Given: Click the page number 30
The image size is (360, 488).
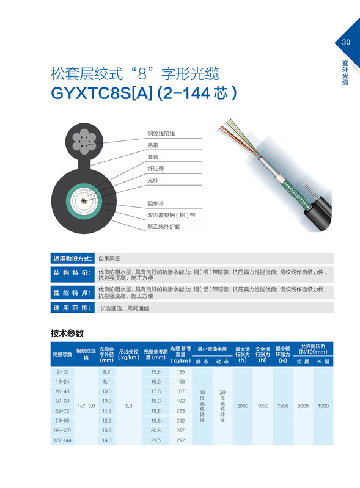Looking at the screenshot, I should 346,42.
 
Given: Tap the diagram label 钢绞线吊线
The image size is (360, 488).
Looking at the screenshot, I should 161,133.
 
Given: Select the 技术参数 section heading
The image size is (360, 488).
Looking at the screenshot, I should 67,333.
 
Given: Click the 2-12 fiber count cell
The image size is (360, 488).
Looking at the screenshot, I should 62,371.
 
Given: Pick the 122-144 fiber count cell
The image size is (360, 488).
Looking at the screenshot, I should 62,440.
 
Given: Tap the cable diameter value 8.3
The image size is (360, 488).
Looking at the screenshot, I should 106,371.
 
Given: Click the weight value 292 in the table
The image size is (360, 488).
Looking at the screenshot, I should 180,440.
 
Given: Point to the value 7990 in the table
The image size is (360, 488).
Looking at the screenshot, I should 282,406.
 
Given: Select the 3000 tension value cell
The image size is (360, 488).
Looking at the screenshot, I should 243,406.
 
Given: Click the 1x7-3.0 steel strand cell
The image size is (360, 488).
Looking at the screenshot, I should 86,406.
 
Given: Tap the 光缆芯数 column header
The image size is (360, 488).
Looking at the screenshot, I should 62,354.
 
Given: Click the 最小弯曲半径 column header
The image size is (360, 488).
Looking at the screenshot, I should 212,348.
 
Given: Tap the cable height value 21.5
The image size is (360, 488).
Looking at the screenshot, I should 155,440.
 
